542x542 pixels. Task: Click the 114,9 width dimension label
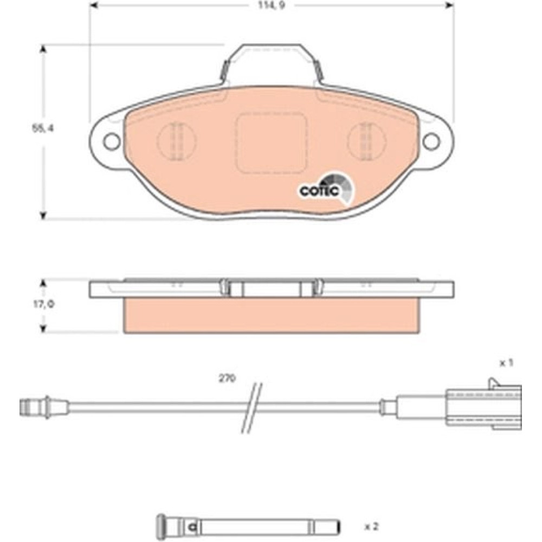click(272, 5)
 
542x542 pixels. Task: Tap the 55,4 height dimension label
click(43, 128)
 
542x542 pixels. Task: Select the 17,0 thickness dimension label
click(43, 305)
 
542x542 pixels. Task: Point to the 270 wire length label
click(227, 378)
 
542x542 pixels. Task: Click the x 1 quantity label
click(506, 363)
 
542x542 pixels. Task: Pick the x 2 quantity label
click(372, 526)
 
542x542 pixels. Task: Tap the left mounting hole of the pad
click(112, 141)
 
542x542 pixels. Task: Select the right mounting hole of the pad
click(431, 141)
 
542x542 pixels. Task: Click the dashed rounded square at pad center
click(272, 143)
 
